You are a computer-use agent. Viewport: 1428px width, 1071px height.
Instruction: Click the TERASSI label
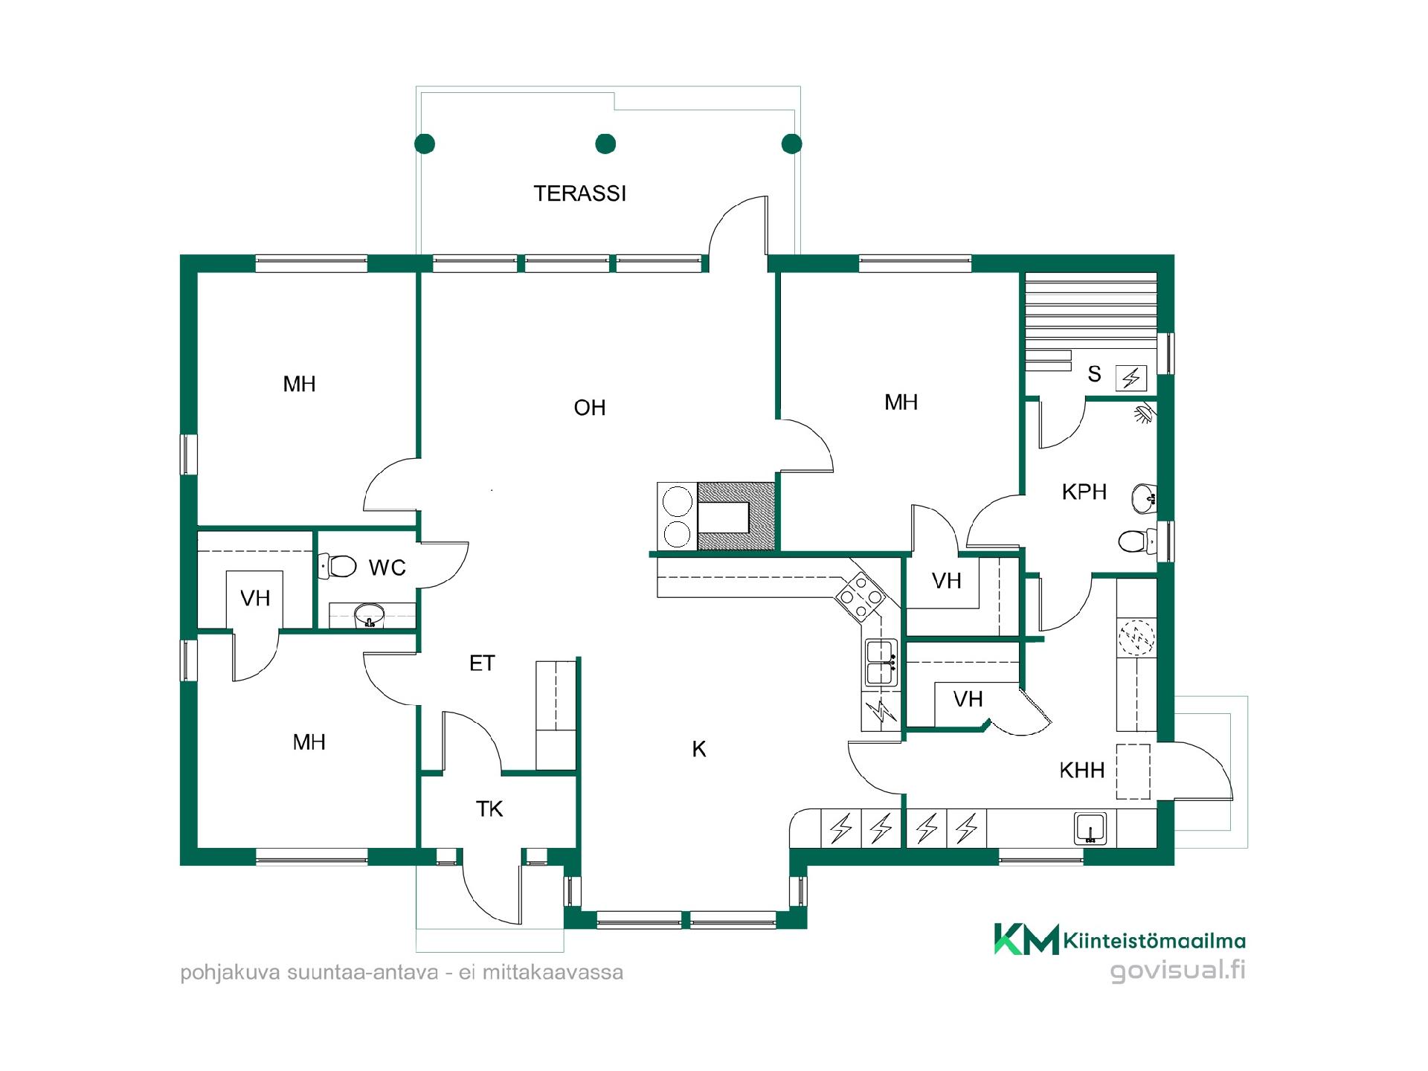(580, 193)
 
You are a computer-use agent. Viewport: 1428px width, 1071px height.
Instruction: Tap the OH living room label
(590, 408)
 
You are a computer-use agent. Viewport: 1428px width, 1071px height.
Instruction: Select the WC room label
(387, 567)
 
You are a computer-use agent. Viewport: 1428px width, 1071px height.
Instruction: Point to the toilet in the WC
(338, 566)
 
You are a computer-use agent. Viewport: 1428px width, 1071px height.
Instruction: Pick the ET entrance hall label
(482, 663)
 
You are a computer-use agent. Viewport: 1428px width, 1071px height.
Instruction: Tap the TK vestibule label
(489, 808)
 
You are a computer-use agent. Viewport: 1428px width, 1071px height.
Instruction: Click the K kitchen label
(699, 749)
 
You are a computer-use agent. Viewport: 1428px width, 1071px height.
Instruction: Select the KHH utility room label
(1082, 770)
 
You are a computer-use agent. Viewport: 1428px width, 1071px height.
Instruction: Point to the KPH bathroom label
(1084, 492)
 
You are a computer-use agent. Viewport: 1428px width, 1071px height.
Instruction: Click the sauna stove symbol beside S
(1131, 379)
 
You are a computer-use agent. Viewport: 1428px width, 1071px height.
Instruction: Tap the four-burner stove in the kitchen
(861, 596)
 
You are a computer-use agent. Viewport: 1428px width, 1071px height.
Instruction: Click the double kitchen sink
(881, 662)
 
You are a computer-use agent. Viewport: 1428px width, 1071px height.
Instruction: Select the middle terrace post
(606, 144)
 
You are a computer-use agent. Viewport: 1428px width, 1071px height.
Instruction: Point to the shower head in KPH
(1145, 413)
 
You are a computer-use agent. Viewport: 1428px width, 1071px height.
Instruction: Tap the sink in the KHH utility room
(1090, 828)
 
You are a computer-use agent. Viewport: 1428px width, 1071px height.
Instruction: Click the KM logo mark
(1027, 939)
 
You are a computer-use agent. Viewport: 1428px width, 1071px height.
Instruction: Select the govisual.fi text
(1177, 971)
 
